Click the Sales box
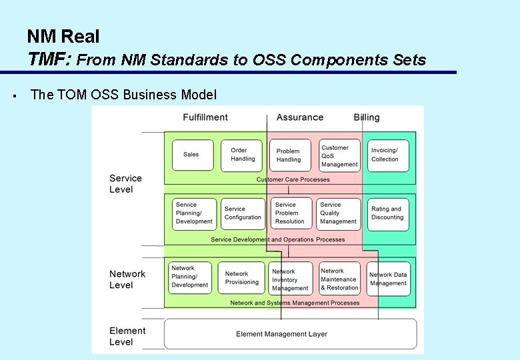point(193,155)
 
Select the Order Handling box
point(242,155)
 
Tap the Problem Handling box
point(289,155)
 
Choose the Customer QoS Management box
point(339,156)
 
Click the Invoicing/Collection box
point(387,155)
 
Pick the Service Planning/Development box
point(194,214)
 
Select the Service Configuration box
point(243,213)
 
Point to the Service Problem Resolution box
point(291,213)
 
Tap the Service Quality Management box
point(339,213)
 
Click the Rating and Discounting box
point(387,213)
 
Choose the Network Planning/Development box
point(190,277)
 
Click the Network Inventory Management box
point(291,279)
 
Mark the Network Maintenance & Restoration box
point(339,279)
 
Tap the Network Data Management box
point(388,279)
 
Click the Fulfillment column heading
point(205,117)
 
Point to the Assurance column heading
point(299,117)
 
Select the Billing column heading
point(367,117)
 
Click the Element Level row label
point(127,336)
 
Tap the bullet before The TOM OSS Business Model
point(14,95)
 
